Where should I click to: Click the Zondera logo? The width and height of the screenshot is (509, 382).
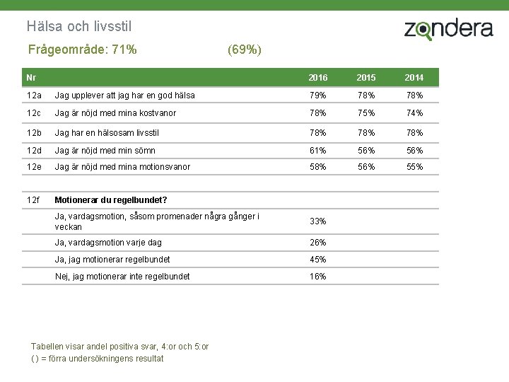click(x=449, y=29)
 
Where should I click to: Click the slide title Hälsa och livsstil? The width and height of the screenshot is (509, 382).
click(x=79, y=26)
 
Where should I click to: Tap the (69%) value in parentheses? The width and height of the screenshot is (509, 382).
click(x=245, y=50)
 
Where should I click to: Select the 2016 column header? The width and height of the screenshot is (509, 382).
click(x=318, y=77)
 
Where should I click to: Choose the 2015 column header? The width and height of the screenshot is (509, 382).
click(x=366, y=77)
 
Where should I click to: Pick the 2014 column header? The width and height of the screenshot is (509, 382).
click(x=414, y=77)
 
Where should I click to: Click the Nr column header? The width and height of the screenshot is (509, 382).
click(x=31, y=77)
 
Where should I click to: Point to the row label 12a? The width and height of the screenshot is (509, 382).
click(x=34, y=95)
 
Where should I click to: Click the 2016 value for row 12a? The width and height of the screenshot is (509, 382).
click(x=318, y=95)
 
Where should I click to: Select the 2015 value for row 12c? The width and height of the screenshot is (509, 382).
click(x=366, y=112)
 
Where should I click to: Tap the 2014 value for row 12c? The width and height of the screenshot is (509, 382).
click(x=414, y=112)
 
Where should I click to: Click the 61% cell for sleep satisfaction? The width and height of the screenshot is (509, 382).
click(x=318, y=151)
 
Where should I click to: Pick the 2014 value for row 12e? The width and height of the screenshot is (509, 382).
click(x=414, y=167)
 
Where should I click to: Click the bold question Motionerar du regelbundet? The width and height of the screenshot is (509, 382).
click(x=111, y=199)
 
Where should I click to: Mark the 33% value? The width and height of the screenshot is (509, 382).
click(x=318, y=221)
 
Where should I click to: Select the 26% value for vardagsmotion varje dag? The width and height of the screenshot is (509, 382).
click(x=318, y=243)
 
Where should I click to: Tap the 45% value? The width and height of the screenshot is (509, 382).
click(x=318, y=259)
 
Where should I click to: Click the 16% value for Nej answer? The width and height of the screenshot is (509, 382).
click(x=318, y=276)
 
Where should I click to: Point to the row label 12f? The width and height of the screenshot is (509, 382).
click(x=33, y=199)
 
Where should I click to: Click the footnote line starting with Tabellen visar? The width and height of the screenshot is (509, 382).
click(x=119, y=347)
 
